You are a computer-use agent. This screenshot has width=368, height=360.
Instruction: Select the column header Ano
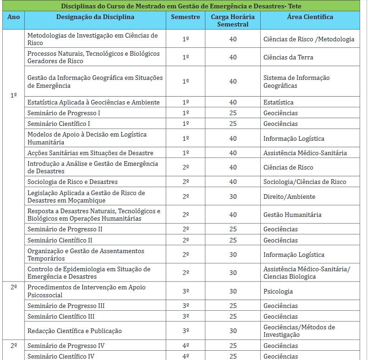click(13, 17)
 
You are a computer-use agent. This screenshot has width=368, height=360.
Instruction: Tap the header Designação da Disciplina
click(95, 17)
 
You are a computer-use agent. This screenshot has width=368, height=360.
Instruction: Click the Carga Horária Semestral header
click(232, 20)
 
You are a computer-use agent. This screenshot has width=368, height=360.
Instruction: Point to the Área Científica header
click(310, 17)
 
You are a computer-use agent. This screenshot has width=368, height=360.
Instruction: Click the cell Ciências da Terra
click(288, 57)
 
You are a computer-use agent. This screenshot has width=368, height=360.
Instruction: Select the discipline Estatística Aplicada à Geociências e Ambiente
click(93, 102)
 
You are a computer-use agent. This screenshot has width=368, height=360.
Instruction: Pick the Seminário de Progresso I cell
click(64, 113)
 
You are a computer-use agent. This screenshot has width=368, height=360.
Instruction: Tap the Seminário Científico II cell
click(60, 240)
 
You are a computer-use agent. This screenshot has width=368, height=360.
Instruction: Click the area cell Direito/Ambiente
click(289, 196)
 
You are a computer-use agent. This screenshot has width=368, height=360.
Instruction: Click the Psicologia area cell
click(278, 291)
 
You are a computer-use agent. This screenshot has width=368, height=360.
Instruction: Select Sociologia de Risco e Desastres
click(72, 182)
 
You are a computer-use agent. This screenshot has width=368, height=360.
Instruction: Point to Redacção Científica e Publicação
click(74, 331)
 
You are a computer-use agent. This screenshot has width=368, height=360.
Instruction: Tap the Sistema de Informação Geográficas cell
click(296, 81)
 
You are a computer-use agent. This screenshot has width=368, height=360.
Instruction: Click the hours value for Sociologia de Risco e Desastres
click(232, 182)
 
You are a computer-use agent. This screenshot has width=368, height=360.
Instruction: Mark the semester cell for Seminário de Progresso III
click(185, 306)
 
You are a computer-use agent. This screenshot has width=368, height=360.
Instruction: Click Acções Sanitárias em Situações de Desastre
click(90, 153)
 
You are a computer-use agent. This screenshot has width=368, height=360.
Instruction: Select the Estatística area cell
click(278, 102)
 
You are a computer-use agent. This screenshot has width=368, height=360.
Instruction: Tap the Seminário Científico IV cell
click(61, 356)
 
